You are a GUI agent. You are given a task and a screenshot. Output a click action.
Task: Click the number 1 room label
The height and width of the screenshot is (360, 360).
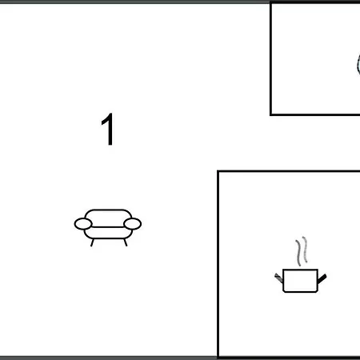(x=108, y=130)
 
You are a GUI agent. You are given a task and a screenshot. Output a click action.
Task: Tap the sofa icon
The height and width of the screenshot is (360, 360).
(x=108, y=225)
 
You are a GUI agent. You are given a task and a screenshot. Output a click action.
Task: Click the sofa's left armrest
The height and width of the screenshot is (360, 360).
(x=83, y=224)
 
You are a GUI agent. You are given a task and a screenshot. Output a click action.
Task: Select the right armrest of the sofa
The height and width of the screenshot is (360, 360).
(x=133, y=223)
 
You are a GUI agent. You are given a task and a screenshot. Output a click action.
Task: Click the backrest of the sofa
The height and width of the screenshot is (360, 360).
(x=108, y=215)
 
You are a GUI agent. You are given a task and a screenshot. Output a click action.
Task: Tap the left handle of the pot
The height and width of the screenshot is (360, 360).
(x=278, y=278)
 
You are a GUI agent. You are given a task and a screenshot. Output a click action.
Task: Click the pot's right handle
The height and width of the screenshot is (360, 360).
(x=322, y=278)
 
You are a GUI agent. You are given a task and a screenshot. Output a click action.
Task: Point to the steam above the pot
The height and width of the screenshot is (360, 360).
(x=301, y=251)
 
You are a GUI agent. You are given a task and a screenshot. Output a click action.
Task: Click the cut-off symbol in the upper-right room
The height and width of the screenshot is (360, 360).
(x=356, y=64)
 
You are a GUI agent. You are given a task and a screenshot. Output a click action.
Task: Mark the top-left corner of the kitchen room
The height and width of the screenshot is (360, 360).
(x=218, y=171)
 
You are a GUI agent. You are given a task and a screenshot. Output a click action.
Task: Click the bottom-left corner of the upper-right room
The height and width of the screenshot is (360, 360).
(x=271, y=114)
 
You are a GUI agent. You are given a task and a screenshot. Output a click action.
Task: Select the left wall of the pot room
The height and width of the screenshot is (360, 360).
(x=218, y=264)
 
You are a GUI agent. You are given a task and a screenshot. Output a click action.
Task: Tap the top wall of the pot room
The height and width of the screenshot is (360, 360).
(x=288, y=171)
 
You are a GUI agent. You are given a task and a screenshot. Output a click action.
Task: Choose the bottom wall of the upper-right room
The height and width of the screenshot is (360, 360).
(x=316, y=114)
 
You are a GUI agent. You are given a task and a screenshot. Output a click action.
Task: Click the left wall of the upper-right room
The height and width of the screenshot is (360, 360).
(x=271, y=60)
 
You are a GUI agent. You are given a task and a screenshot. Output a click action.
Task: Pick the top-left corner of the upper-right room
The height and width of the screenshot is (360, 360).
(x=271, y=4)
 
